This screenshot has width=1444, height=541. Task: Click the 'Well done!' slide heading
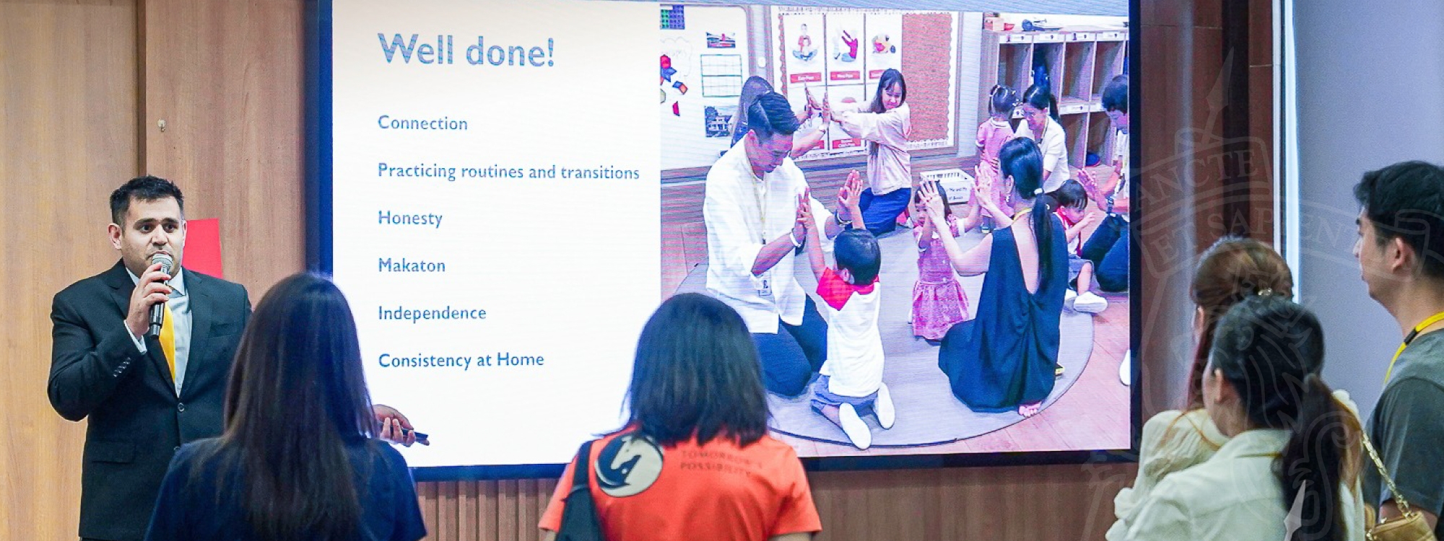[466, 50]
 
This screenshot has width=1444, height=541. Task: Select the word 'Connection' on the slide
[422, 123]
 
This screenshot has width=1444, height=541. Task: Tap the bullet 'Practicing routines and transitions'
[508, 172]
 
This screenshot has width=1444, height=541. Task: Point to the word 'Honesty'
[410, 218]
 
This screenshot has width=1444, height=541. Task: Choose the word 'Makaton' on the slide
[412, 265]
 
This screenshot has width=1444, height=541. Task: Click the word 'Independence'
[432, 313]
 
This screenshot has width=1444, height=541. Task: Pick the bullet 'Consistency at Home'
[461, 360]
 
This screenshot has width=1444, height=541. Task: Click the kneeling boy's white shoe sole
[854, 426]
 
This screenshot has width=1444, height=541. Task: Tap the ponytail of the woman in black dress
[1043, 238]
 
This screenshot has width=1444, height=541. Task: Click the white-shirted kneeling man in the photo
[751, 231]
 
